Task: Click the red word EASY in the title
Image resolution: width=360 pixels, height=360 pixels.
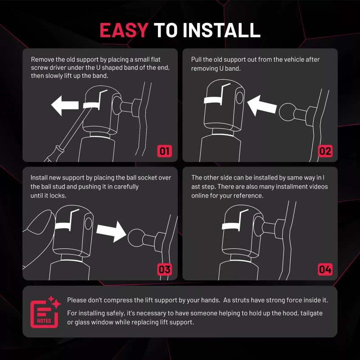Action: click(124, 30)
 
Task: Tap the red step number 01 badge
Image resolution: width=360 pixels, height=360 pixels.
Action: click(164, 151)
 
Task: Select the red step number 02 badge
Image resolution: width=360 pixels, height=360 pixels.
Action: click(325, 151)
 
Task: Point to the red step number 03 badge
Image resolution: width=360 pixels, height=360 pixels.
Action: click(164, 269)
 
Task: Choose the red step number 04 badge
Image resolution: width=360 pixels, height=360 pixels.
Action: click(325, 269)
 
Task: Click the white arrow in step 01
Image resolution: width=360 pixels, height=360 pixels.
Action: click(65, 106)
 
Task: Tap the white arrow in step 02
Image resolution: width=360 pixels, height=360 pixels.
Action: click(262, 106)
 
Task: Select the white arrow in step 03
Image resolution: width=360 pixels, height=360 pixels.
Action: click(111, 231)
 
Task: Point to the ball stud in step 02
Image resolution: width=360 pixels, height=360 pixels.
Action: click(288, 112)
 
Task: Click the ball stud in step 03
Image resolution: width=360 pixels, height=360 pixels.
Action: click(137, 238)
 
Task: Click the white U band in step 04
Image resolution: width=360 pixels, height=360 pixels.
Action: click(231, 226)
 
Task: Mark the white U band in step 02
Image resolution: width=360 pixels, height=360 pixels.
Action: click(213, 100)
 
